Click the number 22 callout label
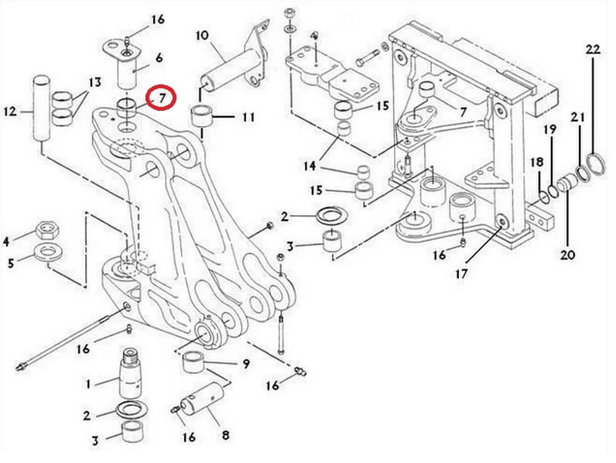593,49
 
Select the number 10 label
202,35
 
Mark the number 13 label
94,82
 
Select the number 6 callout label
159,57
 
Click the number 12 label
11,111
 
